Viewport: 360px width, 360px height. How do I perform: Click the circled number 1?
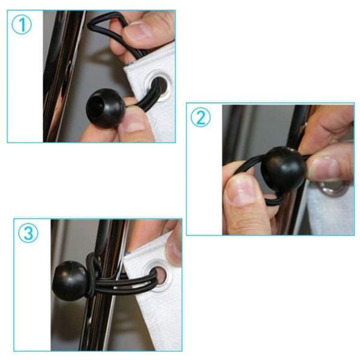(22, 25)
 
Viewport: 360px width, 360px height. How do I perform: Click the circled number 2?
(200, 117)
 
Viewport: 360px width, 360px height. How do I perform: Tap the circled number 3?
(28, 233)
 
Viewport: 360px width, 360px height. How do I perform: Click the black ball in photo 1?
(106, 108)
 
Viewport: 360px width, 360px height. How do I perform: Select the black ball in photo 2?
(284, 169)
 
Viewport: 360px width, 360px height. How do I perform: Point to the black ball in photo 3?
(70, 281)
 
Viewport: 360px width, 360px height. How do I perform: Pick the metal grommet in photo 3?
(157, 275)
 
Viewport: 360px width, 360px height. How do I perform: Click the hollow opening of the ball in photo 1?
(96, 107)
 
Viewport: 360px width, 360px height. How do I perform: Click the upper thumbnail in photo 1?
(137, 31)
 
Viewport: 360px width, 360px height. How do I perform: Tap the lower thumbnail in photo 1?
(133, 122)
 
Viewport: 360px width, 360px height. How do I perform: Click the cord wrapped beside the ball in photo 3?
(92, 275)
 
